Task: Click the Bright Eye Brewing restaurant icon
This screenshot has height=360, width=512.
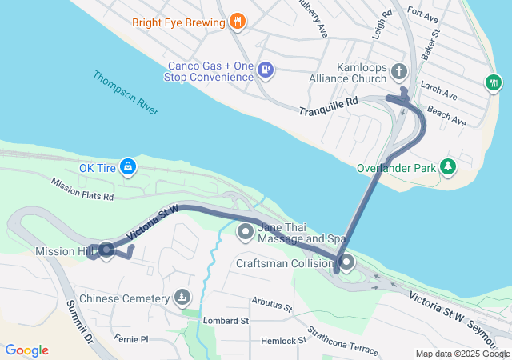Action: pyautogui.click(x=236, y=22)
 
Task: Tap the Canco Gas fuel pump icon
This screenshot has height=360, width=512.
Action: pyautogui.click(x=266, y=71)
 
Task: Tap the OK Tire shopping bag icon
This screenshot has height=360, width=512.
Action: pyautogui.click(x=127, y=167)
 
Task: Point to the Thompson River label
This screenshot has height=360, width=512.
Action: pyautogui.click(x=126, y=94)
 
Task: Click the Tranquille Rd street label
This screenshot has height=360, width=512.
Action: pyautogui.click(x=327, y=109)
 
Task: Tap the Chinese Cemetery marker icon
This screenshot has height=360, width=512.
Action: pyautogui.click(x=183, y=298)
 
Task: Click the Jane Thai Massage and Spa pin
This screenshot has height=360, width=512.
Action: pyautogui.click(x=246, y=233)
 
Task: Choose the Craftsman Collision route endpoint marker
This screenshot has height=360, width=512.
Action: pyautogui.click(x=346, y=262)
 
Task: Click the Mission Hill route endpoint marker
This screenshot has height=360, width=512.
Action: pyautogui.click(x=106, y=251)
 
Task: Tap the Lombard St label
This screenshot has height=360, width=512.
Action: pyautogui.click(x=226, y=320)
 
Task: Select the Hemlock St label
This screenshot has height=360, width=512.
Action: pyautogui.click(x=284, y=341)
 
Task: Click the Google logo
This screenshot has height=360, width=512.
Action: pyautogui.click(x=26, y=350)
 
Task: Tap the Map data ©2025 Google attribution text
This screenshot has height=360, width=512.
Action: pyautogui.click(x=462, y=354)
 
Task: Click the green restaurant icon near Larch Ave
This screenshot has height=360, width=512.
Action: pyautogui.click(x=494, y=82)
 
